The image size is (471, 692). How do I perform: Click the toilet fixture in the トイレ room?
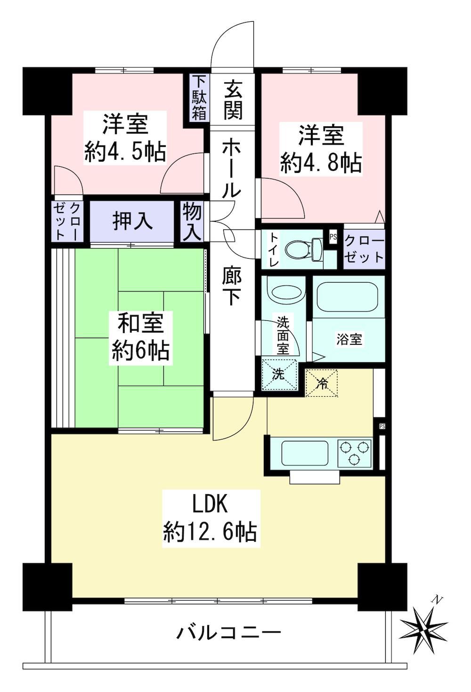pyautogui.click(x=304, y=249)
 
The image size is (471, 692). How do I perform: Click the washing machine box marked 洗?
pyautogui.click(x=279, y=374)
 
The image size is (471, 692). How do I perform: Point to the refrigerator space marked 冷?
pyautogui.click(x=322, y=383)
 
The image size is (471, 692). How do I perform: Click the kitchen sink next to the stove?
pyautogui.click(x=305, y=453)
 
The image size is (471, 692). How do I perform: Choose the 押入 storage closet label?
pyautogui.click(x=132, y=221)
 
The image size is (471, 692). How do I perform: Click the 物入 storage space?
pyautogui.click(x=192, y=221)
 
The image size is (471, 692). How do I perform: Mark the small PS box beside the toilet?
pyautogui.click(x=333, y=237)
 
